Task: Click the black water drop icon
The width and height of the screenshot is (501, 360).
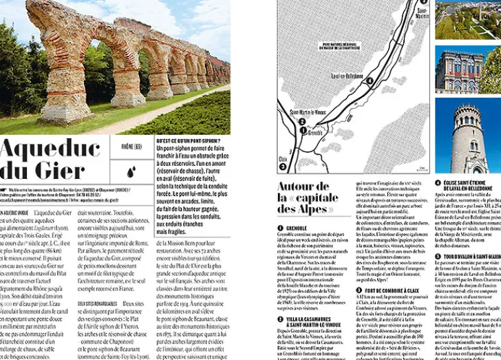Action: tap(131, 169)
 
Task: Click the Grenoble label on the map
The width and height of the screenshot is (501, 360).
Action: tap(316, 133)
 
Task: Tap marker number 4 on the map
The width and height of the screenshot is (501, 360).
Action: tap(370, 81)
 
